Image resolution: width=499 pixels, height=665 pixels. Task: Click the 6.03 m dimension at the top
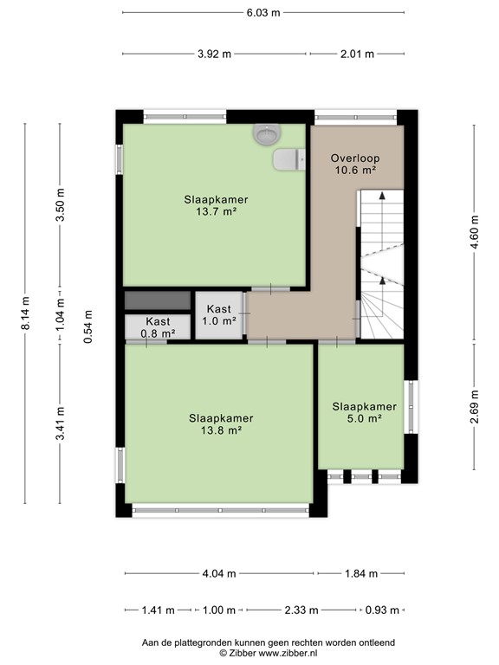click(263, 12)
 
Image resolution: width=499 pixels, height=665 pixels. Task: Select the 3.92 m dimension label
click(214, 54)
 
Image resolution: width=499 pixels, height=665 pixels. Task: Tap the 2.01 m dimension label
click(356, 54)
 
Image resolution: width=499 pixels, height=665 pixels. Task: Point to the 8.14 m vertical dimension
click(26, 313)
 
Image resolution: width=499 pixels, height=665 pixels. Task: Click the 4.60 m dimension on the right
click(474, 231)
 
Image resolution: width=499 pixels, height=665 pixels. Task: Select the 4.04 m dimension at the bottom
click(219, 573)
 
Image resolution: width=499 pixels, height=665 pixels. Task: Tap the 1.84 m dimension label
click(360, 573)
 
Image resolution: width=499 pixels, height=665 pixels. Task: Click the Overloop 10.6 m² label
click(355, 165)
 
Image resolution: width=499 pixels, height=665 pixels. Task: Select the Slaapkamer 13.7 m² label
click(216, 204)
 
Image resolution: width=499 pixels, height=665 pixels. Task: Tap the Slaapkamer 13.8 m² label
click(221, 423)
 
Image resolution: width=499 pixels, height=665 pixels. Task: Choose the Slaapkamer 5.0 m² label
click(364, 412)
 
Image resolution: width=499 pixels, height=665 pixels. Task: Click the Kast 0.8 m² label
click(158, 326)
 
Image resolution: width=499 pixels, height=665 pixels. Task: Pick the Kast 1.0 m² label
click(218, 314)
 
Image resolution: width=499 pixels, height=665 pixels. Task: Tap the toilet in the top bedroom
click(288, 159)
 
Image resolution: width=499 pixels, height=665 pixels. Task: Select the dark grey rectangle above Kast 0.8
click(157, 300)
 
